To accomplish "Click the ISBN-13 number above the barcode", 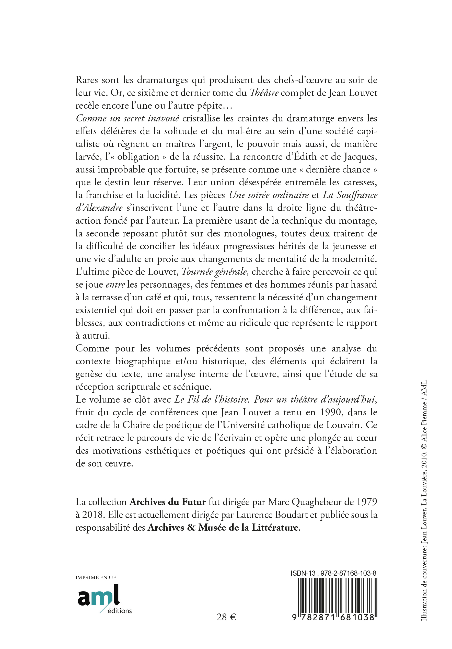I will pos(333,573).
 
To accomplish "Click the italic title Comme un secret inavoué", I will pos(128,118).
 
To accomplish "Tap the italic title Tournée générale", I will pos(214,272).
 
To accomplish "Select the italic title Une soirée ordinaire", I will pos(269,195).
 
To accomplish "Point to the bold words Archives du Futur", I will pos(168,502).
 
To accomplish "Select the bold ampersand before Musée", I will pos(191,527).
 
